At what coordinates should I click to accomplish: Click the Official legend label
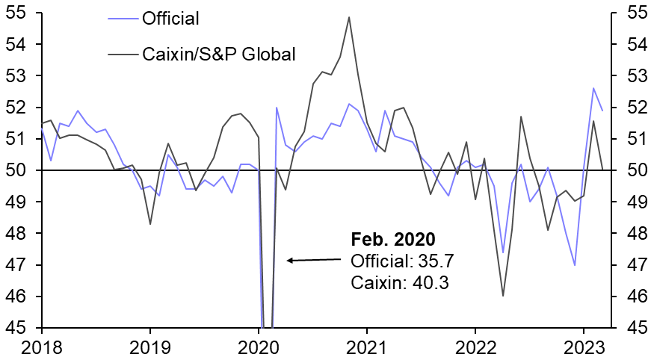[x=170, y=18]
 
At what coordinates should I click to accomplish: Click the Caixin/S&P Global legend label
[x=219, y=53]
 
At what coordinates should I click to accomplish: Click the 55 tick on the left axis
[x=18, y=13]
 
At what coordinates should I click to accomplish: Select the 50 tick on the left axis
[x=18, y=170]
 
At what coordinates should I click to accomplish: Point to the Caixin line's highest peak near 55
[x=349, y=17]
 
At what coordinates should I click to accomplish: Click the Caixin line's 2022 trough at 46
[x=503, y=296]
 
